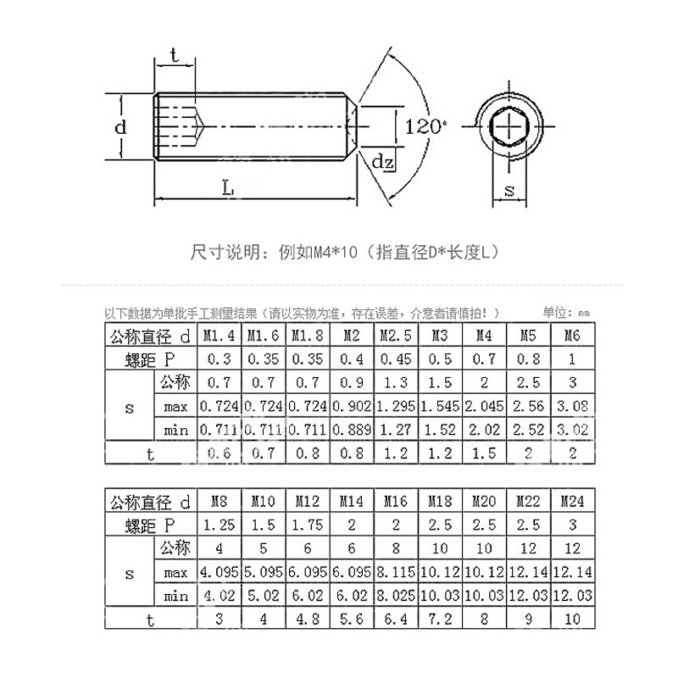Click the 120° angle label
tap(425, 127)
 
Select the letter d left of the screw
tap(121, 127)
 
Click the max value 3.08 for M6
tap(572, 406)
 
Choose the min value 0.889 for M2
tap(352, 430)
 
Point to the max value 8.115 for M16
tap(396, 573)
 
